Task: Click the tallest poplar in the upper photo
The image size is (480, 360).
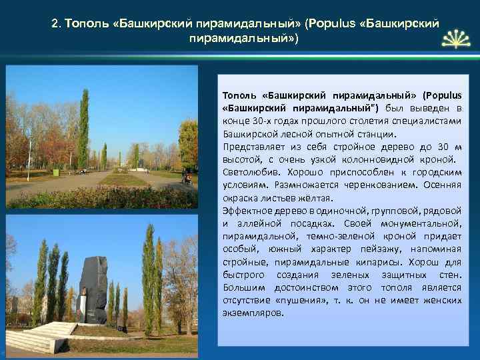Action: point(83,130)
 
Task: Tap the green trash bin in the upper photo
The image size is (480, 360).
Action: point(56,172)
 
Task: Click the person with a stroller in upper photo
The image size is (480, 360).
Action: point(187,179)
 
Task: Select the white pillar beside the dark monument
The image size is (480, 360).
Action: point(83,305)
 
